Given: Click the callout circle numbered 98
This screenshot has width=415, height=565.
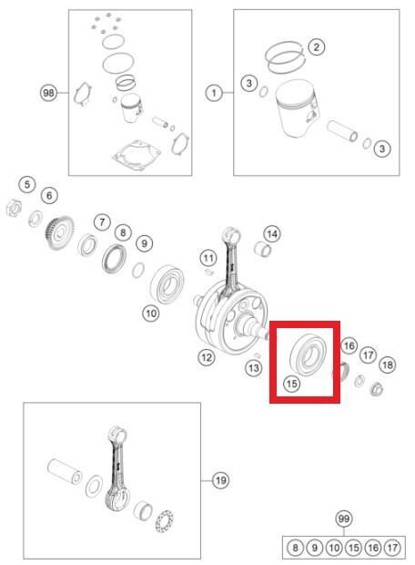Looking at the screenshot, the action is click(48, 93).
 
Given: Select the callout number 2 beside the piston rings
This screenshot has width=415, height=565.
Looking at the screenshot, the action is click(317, 46).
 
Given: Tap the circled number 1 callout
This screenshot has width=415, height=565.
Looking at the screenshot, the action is click(214, 93).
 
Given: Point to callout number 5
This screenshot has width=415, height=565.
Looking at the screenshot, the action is click(27, 185).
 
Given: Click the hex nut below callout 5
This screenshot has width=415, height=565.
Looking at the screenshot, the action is click(14, 208).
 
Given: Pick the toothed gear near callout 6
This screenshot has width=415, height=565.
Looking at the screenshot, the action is click(58, 232).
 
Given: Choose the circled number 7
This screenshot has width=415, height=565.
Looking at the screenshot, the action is click(102, 222).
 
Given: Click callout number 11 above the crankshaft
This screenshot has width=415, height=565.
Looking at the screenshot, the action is click(208, 258).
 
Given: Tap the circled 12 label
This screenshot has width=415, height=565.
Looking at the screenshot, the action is click(207, 358).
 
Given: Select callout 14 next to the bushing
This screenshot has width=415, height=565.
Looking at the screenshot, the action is click(272, 234).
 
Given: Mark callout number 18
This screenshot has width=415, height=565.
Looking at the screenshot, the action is click(388, 365).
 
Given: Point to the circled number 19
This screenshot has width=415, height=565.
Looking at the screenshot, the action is click(220, 480).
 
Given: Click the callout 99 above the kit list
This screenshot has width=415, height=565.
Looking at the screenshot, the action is click(344, 519).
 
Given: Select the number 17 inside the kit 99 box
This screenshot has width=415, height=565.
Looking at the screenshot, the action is click(392, 548).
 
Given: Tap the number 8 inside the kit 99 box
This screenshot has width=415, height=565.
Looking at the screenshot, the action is click(295, 548).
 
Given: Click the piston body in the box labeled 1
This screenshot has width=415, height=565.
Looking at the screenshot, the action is click(296, 108).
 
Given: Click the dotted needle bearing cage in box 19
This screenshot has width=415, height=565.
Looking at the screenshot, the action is click(164, 521).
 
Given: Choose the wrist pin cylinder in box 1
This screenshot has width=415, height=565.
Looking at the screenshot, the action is click(342, 132).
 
